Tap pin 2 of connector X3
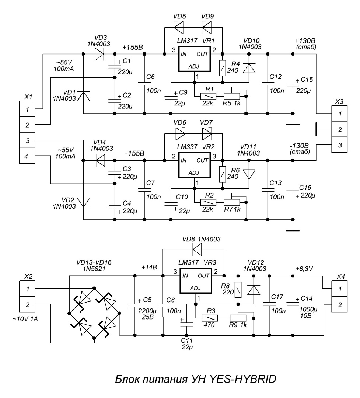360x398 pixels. [340, 130]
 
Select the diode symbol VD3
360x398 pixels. [99, 54]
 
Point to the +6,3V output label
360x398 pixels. [304, 269]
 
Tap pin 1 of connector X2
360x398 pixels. [28, 289]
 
